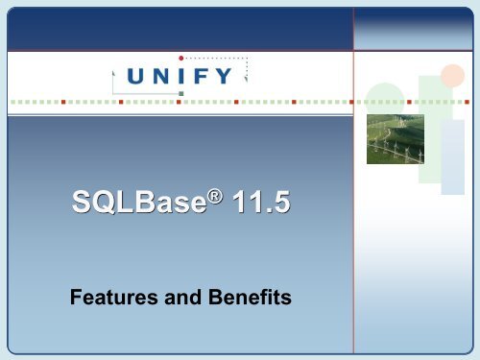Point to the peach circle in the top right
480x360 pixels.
(x=451, y=75)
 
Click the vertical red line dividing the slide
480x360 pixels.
(x=353, y=240)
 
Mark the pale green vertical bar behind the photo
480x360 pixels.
(x=428, y=115)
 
